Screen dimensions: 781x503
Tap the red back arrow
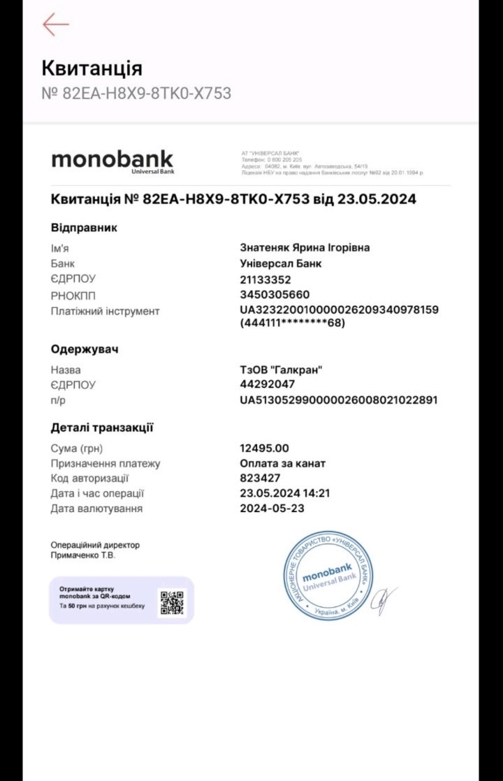[55, 24]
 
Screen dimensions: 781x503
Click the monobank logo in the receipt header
[112, 160]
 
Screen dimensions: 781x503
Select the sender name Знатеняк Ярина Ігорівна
[305, 247]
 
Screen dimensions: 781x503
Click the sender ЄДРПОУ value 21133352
[265, 279]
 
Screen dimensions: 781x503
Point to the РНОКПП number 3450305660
[275, 295]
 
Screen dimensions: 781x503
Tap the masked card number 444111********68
[293, 323]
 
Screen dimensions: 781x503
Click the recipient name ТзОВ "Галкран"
[282, 370]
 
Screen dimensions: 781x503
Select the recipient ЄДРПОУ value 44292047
[268, 384]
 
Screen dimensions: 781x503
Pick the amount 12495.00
[264, 448]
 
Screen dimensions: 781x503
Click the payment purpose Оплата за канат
[283, 463]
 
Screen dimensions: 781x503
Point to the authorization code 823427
[260, 479]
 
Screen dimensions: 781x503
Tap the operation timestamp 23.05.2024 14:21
[285, 493]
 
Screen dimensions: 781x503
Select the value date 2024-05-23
[272, 509]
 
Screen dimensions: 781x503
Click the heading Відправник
[84, 228]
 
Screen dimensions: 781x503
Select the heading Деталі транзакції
[102, 428]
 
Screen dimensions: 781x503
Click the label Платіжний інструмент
[105, 311]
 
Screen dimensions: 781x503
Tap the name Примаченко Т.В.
[83, 555]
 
